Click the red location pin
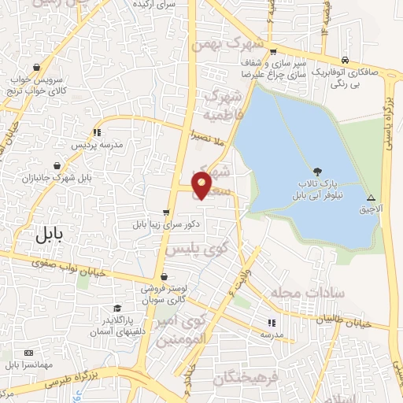(202, 186)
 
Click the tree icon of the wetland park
(317, 171)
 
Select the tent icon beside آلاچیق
(371, 198)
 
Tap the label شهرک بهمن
(227, 44)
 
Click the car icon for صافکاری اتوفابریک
(345, 60)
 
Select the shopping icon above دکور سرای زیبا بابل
(165, 212)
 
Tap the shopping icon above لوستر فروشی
(163, 277)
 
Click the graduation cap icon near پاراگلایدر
(117, 308)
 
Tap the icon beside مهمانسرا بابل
(29, 353)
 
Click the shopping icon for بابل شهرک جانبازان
(57, 165)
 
